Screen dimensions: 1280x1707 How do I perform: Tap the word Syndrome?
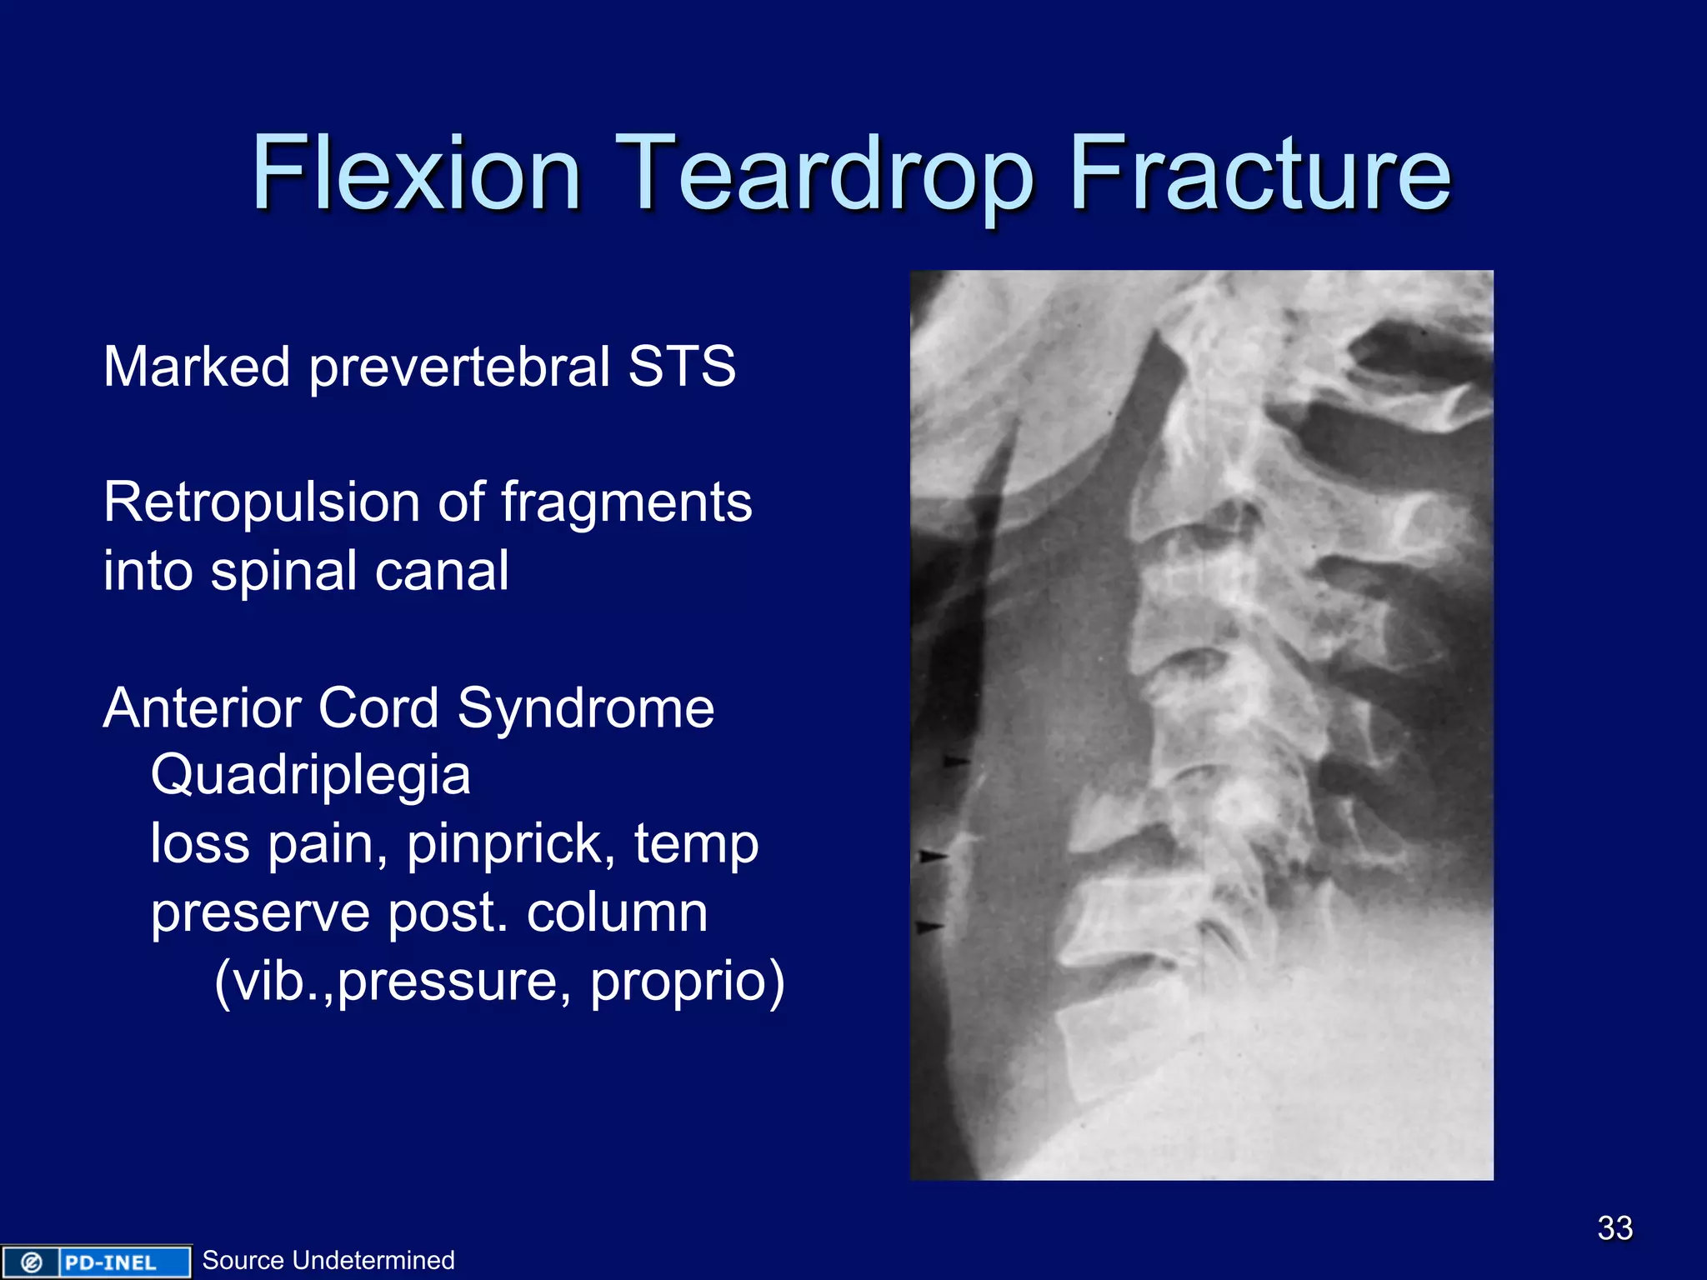pos(585,708)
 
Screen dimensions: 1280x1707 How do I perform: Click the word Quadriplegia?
pos(310,775)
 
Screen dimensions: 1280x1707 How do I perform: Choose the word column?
pos(617,912)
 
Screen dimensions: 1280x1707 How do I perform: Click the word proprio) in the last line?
pos(688,980)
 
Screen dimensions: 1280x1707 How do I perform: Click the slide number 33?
pos(1614,1227)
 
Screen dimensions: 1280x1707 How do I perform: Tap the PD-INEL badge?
pos(95,1262)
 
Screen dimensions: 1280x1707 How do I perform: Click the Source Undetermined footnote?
pos(328,1260)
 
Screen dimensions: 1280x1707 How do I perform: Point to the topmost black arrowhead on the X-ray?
pos(956,761)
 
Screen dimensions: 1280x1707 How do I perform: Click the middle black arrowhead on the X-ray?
pos(932,856)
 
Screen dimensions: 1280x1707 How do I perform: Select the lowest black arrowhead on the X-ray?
pos(929,926)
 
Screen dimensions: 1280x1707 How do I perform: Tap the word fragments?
pos(626,502)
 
